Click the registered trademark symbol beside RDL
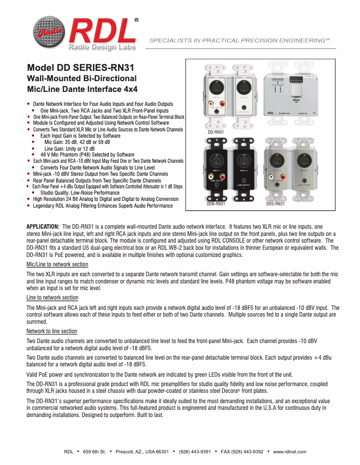136,21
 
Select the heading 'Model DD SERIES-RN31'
81,68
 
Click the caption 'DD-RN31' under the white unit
216,132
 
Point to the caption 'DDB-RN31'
215,204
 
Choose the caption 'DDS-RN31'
275,204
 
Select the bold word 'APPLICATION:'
43,226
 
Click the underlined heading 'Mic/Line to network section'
57,265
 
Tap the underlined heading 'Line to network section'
53,298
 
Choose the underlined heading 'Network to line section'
52,331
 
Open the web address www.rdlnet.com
290,452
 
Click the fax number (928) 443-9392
242,452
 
